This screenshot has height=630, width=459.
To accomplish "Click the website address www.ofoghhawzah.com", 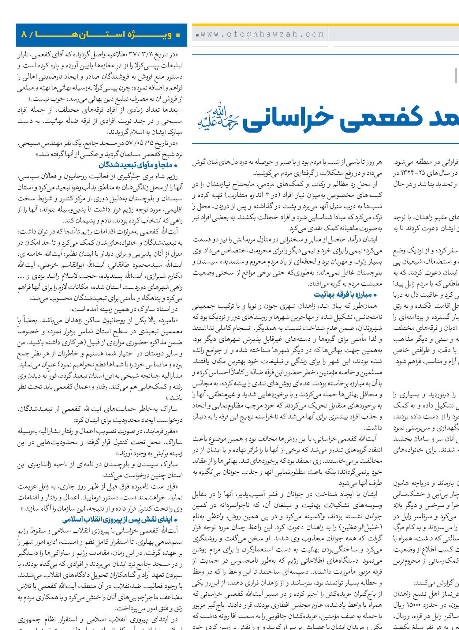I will point(262,34).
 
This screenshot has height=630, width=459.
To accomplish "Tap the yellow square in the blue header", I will point(178,35).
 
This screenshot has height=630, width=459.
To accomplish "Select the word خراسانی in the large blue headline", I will point(288,118).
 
